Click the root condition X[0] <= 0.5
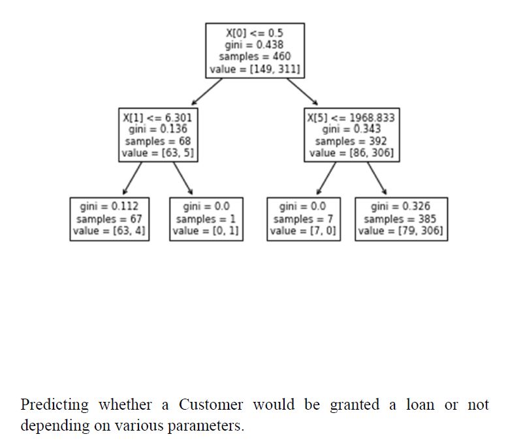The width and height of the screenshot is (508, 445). pos(255,33)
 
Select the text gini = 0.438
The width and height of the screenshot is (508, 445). pos(255,44)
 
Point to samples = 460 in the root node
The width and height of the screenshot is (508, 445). pos(255,56)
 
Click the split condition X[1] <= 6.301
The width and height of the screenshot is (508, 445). pos(157,118)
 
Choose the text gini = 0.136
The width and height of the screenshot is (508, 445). pos(157,129)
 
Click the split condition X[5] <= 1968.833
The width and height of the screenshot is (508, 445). pos(351,118)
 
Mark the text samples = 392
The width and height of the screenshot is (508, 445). pos(351,141)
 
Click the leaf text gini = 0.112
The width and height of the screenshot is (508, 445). pos(109,206)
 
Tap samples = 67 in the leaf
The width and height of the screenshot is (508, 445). pos(109,219)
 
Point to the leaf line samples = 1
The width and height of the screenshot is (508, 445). pos(206,219)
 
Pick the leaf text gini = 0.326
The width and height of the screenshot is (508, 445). pos(401,206)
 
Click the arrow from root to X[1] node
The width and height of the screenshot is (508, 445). pos(206,92)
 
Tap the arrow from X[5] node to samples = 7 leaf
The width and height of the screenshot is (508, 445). pos(326,178)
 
